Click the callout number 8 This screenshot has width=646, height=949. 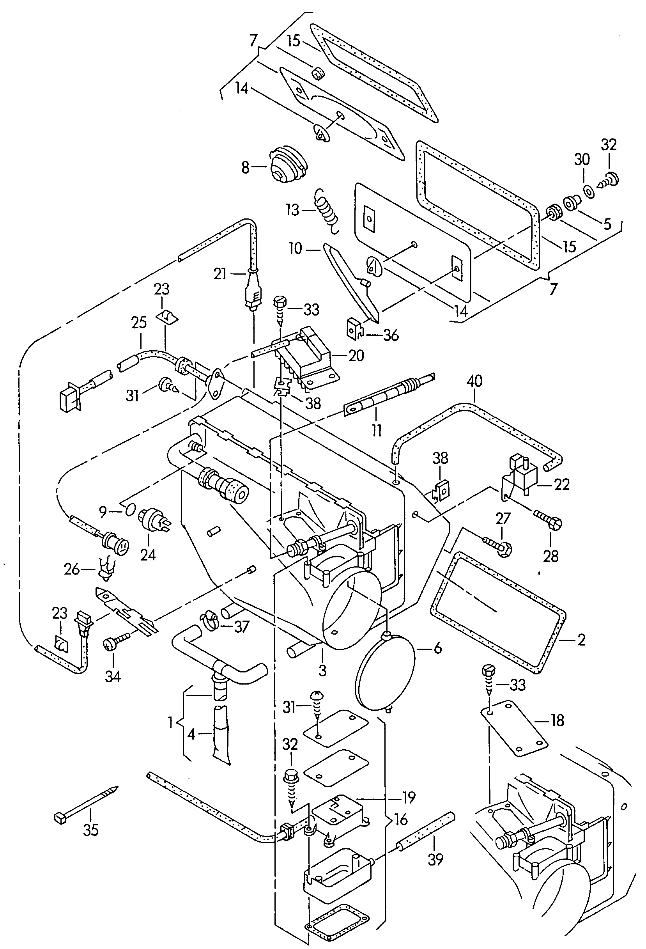(245, 167)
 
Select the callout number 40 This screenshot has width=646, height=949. (474, 381)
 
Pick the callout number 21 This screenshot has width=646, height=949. (220, 274)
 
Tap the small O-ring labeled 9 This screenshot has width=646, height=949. (130, 510)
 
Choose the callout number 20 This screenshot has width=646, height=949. (356, 355)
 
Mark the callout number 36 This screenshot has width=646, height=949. (391, 335)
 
